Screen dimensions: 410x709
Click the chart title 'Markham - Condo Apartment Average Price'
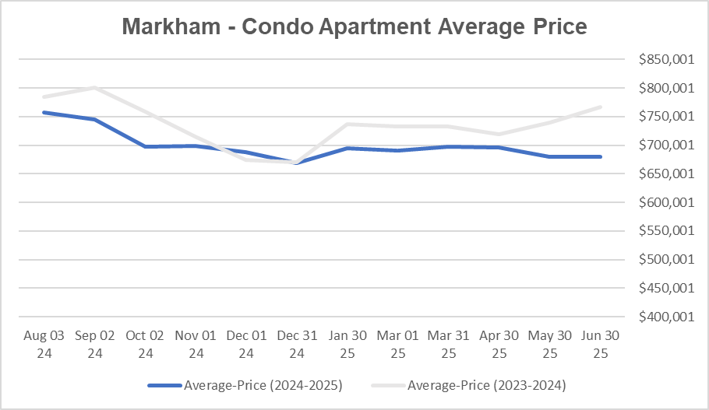354,27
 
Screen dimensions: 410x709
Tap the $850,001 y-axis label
661,59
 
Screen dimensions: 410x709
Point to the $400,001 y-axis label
661,317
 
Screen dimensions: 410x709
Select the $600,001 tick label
661,202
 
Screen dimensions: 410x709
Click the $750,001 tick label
661,117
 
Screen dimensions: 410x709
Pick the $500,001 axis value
661,260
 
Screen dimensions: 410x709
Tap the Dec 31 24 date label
297,345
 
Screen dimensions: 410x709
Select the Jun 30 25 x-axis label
601,345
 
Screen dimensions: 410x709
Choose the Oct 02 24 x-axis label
146,345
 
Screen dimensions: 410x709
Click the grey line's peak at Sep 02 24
95,87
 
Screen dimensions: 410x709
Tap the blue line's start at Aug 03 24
44,112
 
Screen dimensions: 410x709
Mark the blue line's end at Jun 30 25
601,156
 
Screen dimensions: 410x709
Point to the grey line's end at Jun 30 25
601,107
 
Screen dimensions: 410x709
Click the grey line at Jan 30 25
347,124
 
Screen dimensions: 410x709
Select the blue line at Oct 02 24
146,146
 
